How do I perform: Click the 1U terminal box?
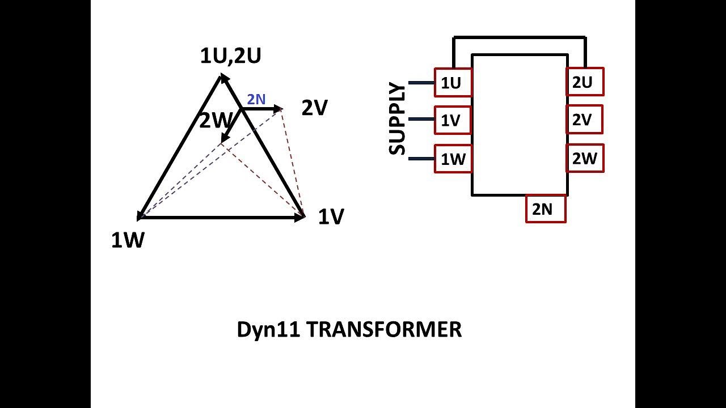453,82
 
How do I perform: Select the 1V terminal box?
453,120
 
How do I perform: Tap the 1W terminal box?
453,159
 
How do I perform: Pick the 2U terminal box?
585,82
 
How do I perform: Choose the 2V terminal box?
584,119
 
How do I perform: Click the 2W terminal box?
585,158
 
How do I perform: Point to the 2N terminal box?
546,209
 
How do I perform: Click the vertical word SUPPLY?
397,118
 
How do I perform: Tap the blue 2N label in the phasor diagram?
256,99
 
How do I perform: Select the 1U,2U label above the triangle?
230,56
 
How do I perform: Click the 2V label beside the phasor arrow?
315,108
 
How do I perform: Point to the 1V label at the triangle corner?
331,216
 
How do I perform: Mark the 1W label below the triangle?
128,240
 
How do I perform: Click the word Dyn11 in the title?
268,330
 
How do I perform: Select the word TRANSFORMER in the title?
384,330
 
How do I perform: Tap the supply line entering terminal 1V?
421,119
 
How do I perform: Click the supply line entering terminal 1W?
421,159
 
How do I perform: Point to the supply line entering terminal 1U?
421,83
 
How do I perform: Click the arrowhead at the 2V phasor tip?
278,109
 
